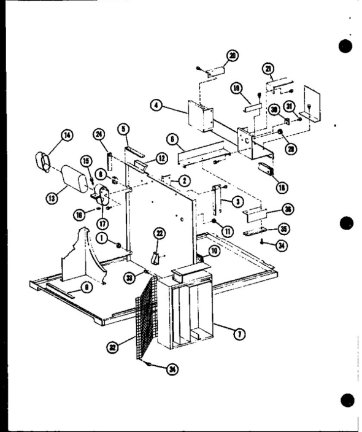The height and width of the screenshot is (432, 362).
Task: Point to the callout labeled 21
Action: [269, 68]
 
